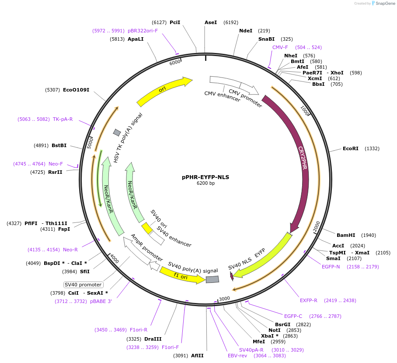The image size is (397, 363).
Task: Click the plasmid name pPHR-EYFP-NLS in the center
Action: click(205, 177)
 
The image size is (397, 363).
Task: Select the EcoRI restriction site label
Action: click(350, 148)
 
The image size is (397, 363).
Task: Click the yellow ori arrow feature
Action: click(164, 91)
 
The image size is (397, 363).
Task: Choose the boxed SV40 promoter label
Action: click(83, 285)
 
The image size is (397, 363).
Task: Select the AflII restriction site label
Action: click(197, 356)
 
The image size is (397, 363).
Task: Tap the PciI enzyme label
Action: click(175, 22)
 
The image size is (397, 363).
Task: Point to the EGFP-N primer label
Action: click(331, 267)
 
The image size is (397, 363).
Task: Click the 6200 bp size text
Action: click(205, 183)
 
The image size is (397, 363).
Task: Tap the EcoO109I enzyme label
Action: click(76, 90)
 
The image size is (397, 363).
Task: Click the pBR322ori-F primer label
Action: click(143, 31)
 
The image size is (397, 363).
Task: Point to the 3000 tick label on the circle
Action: click(224, 299)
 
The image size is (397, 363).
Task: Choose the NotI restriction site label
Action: click(274, 330)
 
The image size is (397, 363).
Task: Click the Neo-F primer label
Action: click(56, 164)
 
